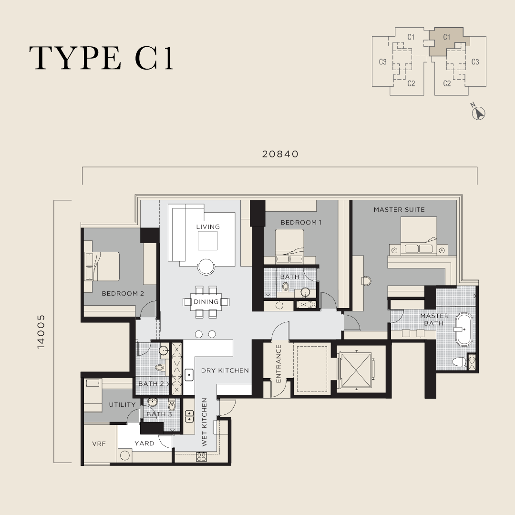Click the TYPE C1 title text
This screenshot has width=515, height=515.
101,58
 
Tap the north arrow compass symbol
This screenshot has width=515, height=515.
478,113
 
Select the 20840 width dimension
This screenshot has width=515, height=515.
280,154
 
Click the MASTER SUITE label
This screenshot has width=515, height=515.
399,209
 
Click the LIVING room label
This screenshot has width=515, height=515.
208,227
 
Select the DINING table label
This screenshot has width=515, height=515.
206,302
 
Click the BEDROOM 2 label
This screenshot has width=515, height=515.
123,294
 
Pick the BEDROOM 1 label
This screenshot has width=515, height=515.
301,222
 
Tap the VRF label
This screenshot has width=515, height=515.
100,443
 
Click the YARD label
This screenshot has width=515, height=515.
144,443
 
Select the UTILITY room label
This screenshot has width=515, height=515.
122,404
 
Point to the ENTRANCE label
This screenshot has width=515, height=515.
278,363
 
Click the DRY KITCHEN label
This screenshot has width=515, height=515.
225,371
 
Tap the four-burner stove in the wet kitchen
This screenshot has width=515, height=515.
201,456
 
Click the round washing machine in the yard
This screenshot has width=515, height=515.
125,455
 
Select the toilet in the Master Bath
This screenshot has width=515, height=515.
458,362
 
